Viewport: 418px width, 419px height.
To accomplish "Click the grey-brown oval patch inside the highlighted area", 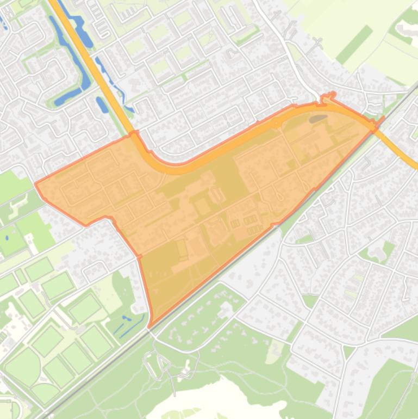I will pyautogui.click(x=318, y=119).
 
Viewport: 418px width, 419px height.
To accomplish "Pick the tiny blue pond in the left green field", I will pyautogui.click(x=7, y=238).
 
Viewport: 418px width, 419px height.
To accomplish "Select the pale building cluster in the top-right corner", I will pyautogui.click(x=405, y=30).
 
